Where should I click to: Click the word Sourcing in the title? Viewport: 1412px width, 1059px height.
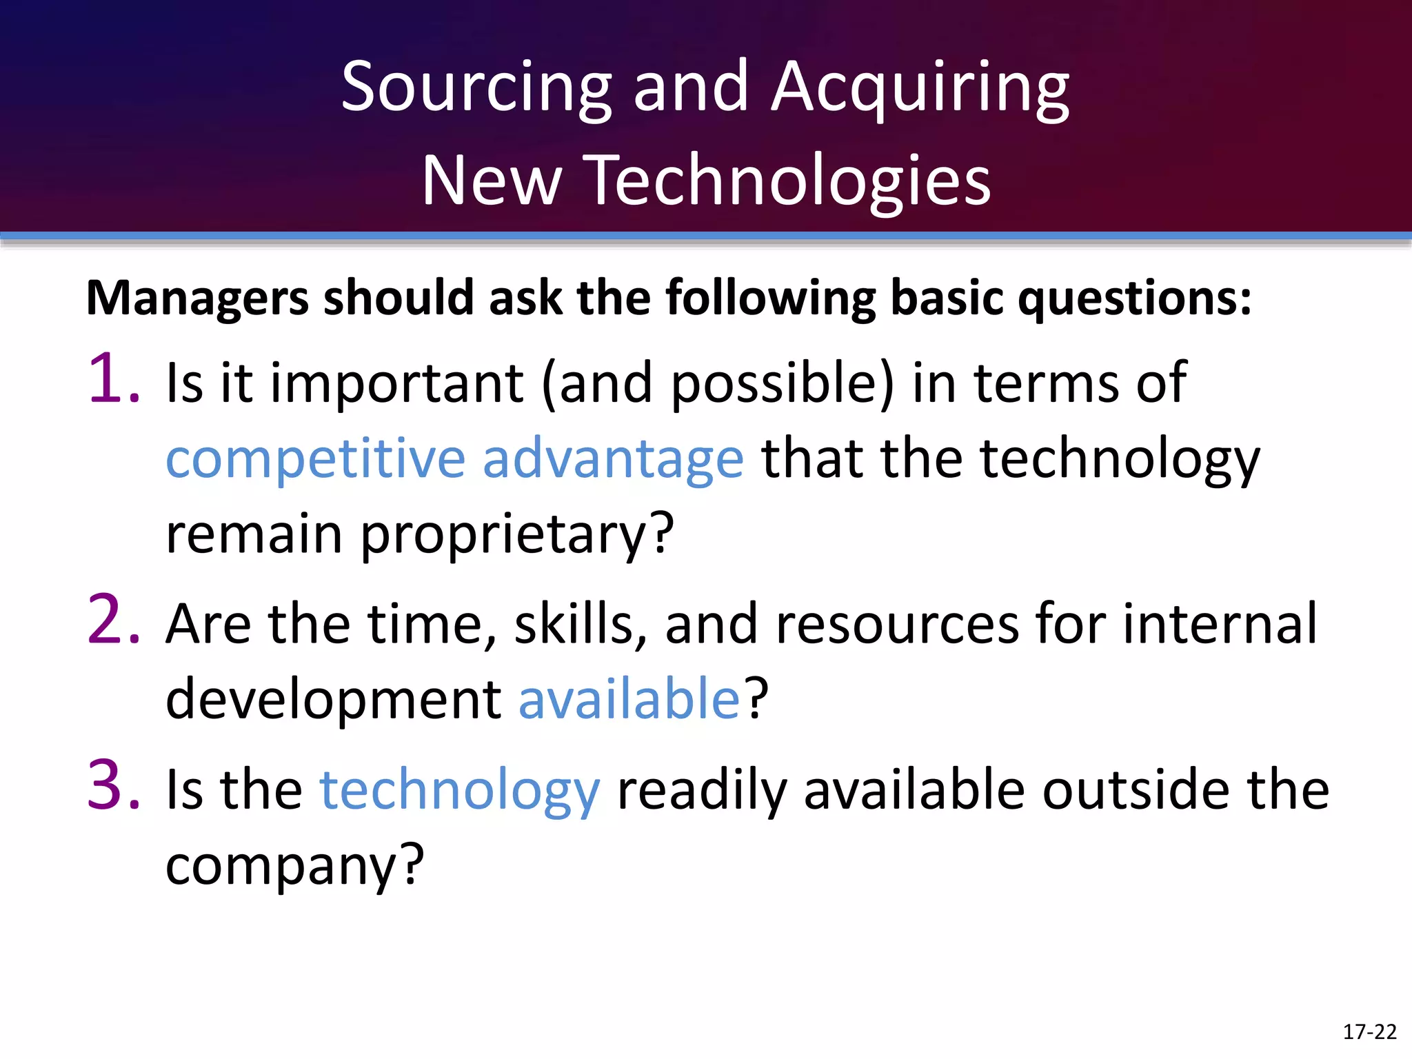476,88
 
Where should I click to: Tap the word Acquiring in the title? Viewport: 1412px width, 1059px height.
920,88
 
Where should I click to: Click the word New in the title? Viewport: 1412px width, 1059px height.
492,181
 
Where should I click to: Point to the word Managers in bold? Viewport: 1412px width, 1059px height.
197,299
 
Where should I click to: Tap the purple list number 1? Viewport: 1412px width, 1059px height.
112,379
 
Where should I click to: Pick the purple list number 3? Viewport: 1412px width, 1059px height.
112,785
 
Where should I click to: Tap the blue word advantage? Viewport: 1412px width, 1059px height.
613,461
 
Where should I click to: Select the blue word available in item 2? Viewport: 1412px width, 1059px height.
629,698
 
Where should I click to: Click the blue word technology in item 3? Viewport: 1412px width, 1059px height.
460,791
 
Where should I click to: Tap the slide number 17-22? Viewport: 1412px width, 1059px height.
1369,1032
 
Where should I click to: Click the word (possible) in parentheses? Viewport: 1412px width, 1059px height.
782,383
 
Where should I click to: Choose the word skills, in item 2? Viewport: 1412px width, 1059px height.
580,624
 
